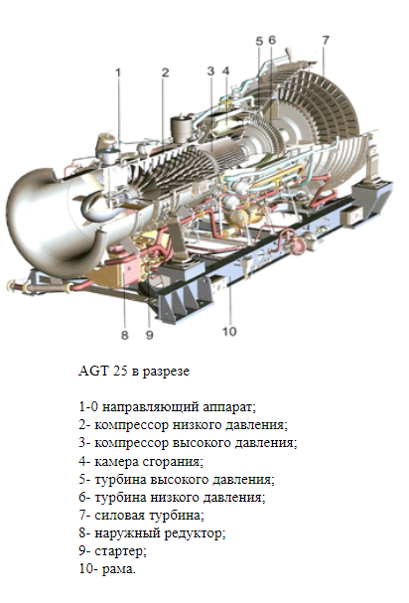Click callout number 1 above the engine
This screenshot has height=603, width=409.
click(x=118, y=73)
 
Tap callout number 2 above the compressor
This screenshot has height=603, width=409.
click(x=166, y=73)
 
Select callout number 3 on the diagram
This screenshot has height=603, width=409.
click(x=210, y=72)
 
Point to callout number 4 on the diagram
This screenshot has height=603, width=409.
click(x=225, y=72)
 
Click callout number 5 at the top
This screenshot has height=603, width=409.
click(x=259, y=41)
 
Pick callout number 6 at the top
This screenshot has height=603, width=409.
click(x=272, y=40)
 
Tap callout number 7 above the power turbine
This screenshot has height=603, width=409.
click(x=326, y=40)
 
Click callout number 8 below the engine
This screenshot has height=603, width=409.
click(x=124, y=335)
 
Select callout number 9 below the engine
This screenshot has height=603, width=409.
click(x=150, y=335)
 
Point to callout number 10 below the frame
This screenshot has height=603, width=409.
click(x=229, y=332)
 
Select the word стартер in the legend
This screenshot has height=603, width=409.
click(x=120, y=551)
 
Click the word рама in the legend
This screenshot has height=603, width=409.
click(x=119, y=569)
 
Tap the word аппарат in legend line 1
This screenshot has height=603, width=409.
click(x=229, y=407)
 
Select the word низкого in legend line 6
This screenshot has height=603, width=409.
click(x=175, y=498)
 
